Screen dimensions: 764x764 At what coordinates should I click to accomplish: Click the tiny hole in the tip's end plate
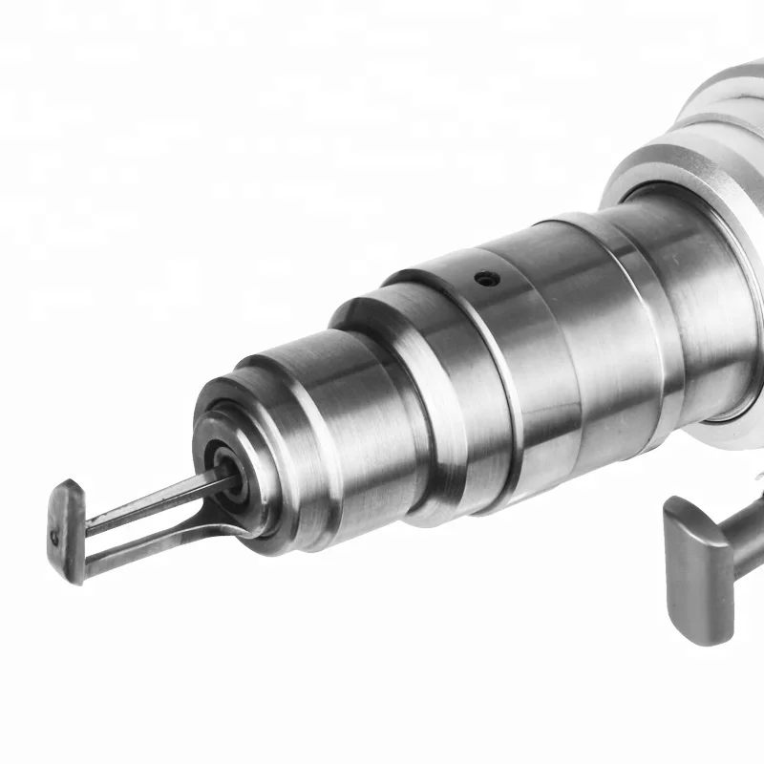56,537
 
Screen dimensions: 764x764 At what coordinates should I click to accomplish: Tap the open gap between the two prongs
143,522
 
